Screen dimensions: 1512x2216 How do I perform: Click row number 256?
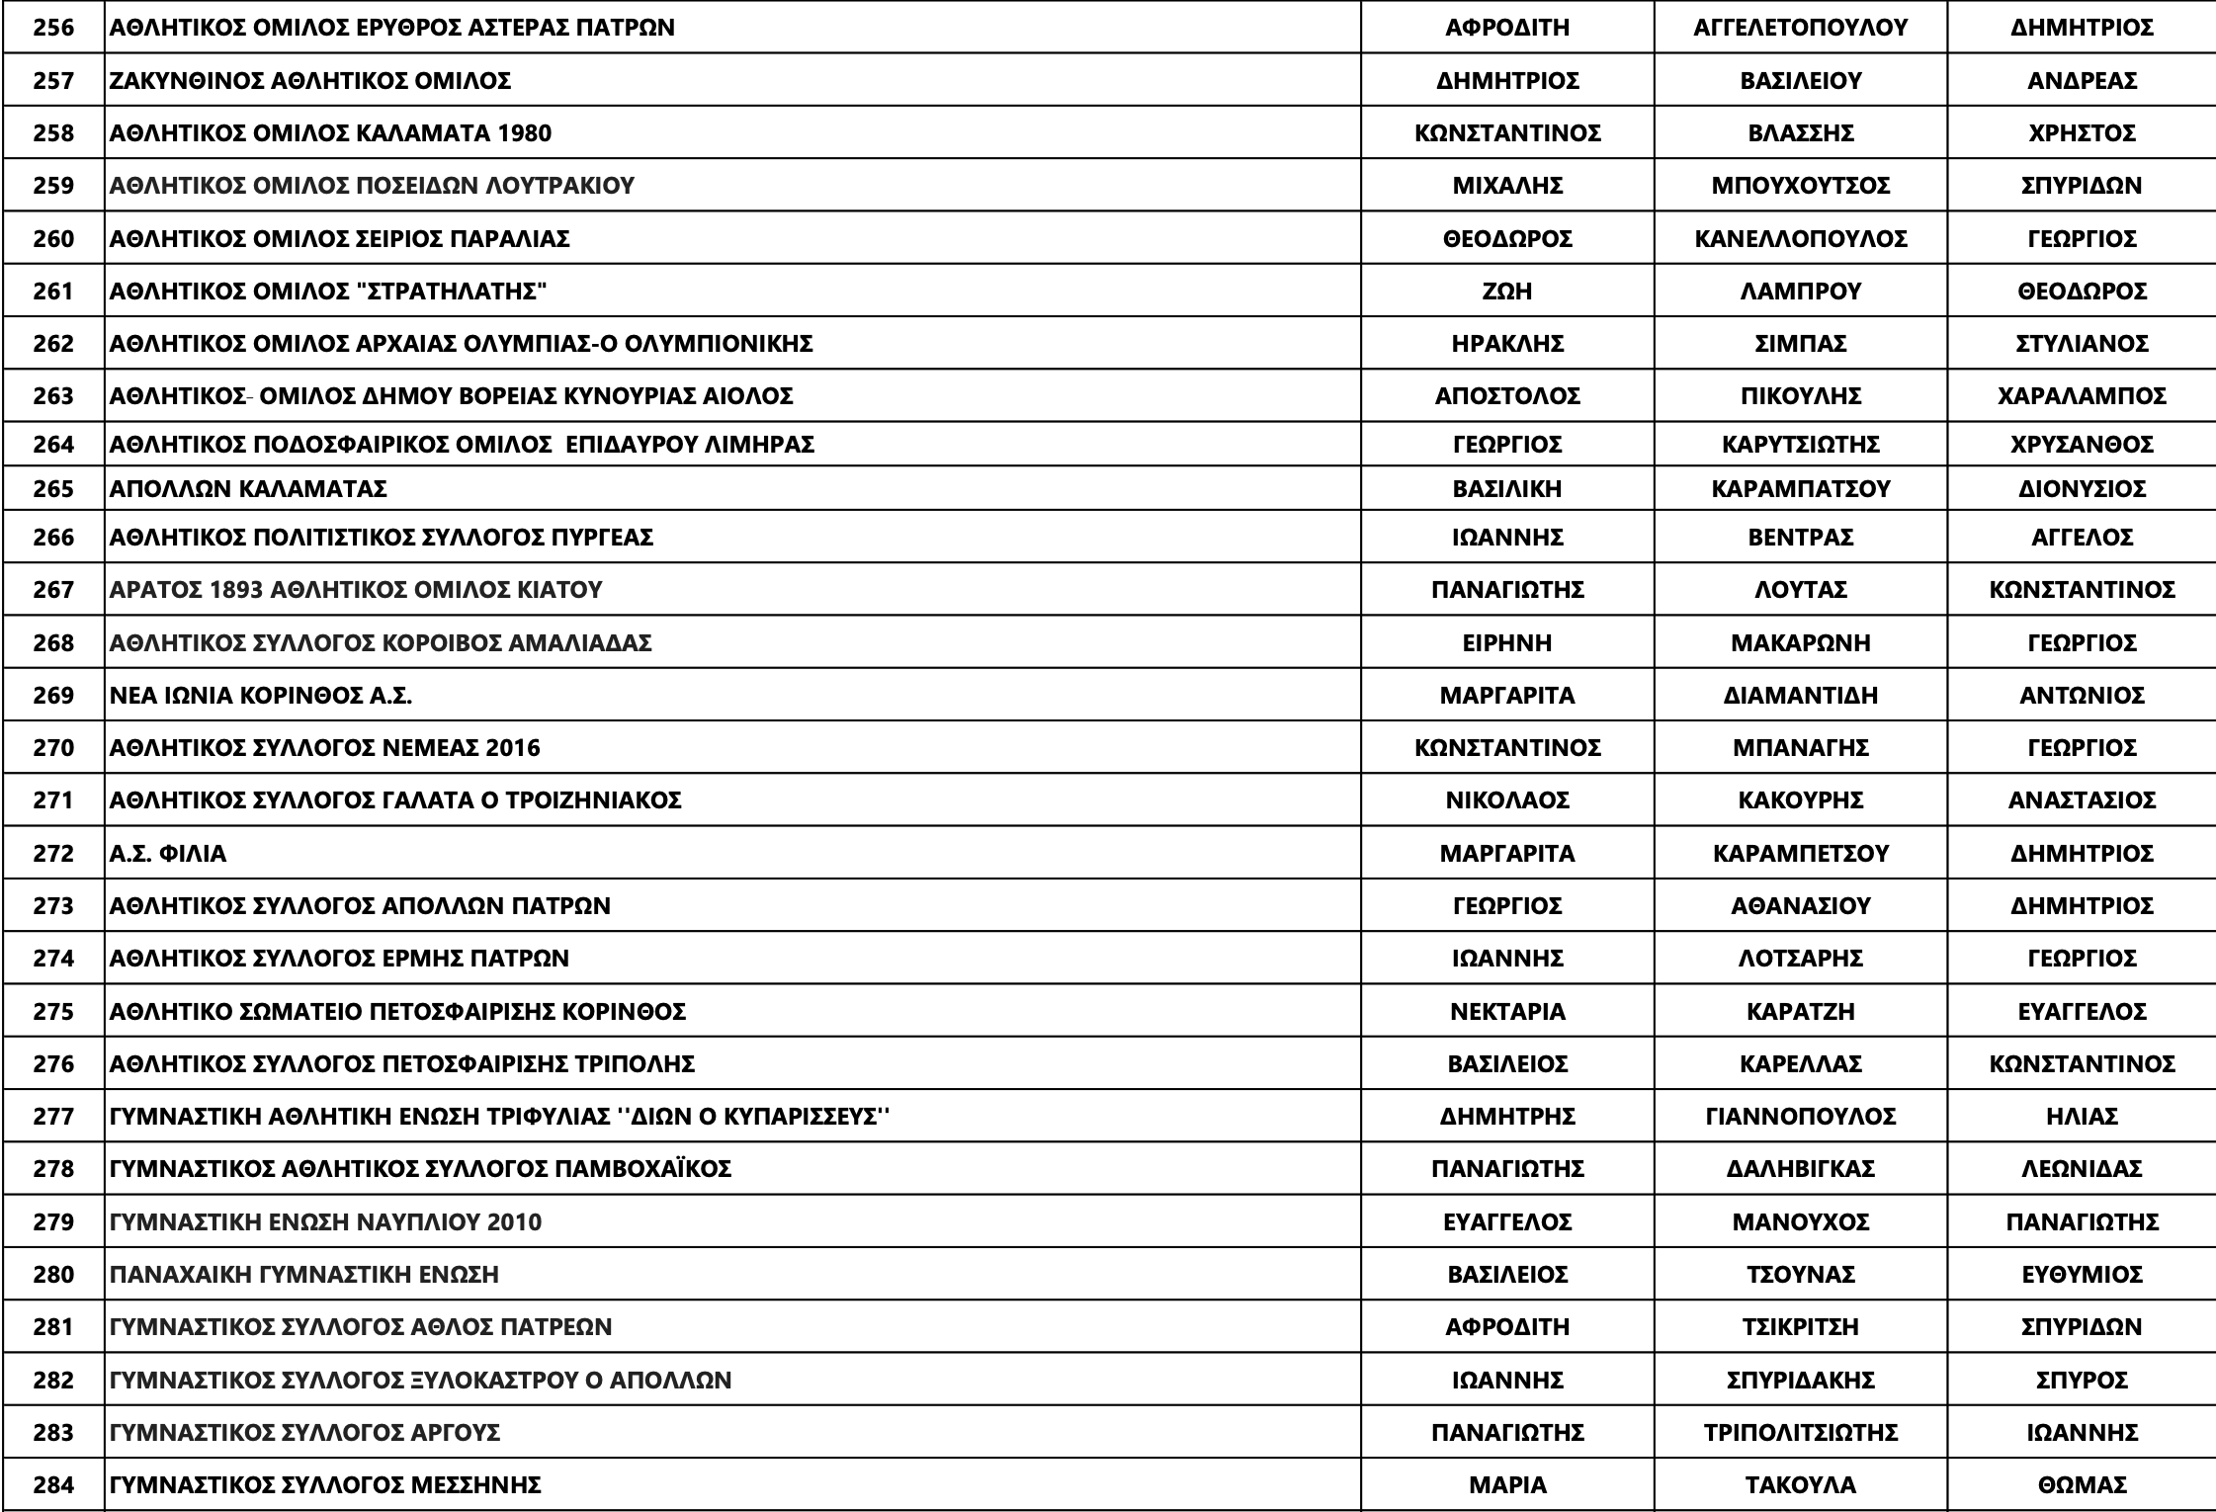[x=53, y=28]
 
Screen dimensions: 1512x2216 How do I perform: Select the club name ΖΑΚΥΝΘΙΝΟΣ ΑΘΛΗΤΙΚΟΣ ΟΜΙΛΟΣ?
[x=310, y=80]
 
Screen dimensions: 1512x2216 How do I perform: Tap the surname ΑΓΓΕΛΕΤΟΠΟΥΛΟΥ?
[x=1800, y=28]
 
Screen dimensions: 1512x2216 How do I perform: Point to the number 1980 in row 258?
[x=525, y=132]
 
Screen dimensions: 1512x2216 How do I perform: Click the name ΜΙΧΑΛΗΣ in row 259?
[x=1507, y=186]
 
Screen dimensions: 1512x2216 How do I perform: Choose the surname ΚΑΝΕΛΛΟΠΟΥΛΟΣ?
[x=1800, y=238]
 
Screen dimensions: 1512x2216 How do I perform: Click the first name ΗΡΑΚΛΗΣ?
[x=1507, y=343]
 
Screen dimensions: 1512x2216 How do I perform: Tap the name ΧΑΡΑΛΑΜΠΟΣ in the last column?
[x=2082, y=395]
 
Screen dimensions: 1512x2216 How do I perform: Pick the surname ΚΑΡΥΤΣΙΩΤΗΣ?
[x=1800, y=444]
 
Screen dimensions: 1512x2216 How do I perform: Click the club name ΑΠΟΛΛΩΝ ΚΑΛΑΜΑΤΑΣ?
[x=248, y=488]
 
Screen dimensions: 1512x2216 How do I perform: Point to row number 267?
[x=53, y=590]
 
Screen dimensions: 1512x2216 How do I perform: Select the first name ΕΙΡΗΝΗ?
[x=1507, y=642]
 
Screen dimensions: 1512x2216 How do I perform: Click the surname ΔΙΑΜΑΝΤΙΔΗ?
[x=1800, y=695]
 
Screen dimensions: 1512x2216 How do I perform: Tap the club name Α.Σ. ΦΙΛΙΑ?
[x=168, y=853]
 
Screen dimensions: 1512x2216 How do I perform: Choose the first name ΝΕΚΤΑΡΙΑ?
[x=1507, y=1011]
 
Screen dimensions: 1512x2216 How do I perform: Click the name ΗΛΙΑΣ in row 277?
[x=2082, y=1117]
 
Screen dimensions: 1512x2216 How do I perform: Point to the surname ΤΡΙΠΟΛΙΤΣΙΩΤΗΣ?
[x=1800, y=1432]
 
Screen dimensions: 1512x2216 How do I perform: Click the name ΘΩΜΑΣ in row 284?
[x=2082, y=1484]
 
